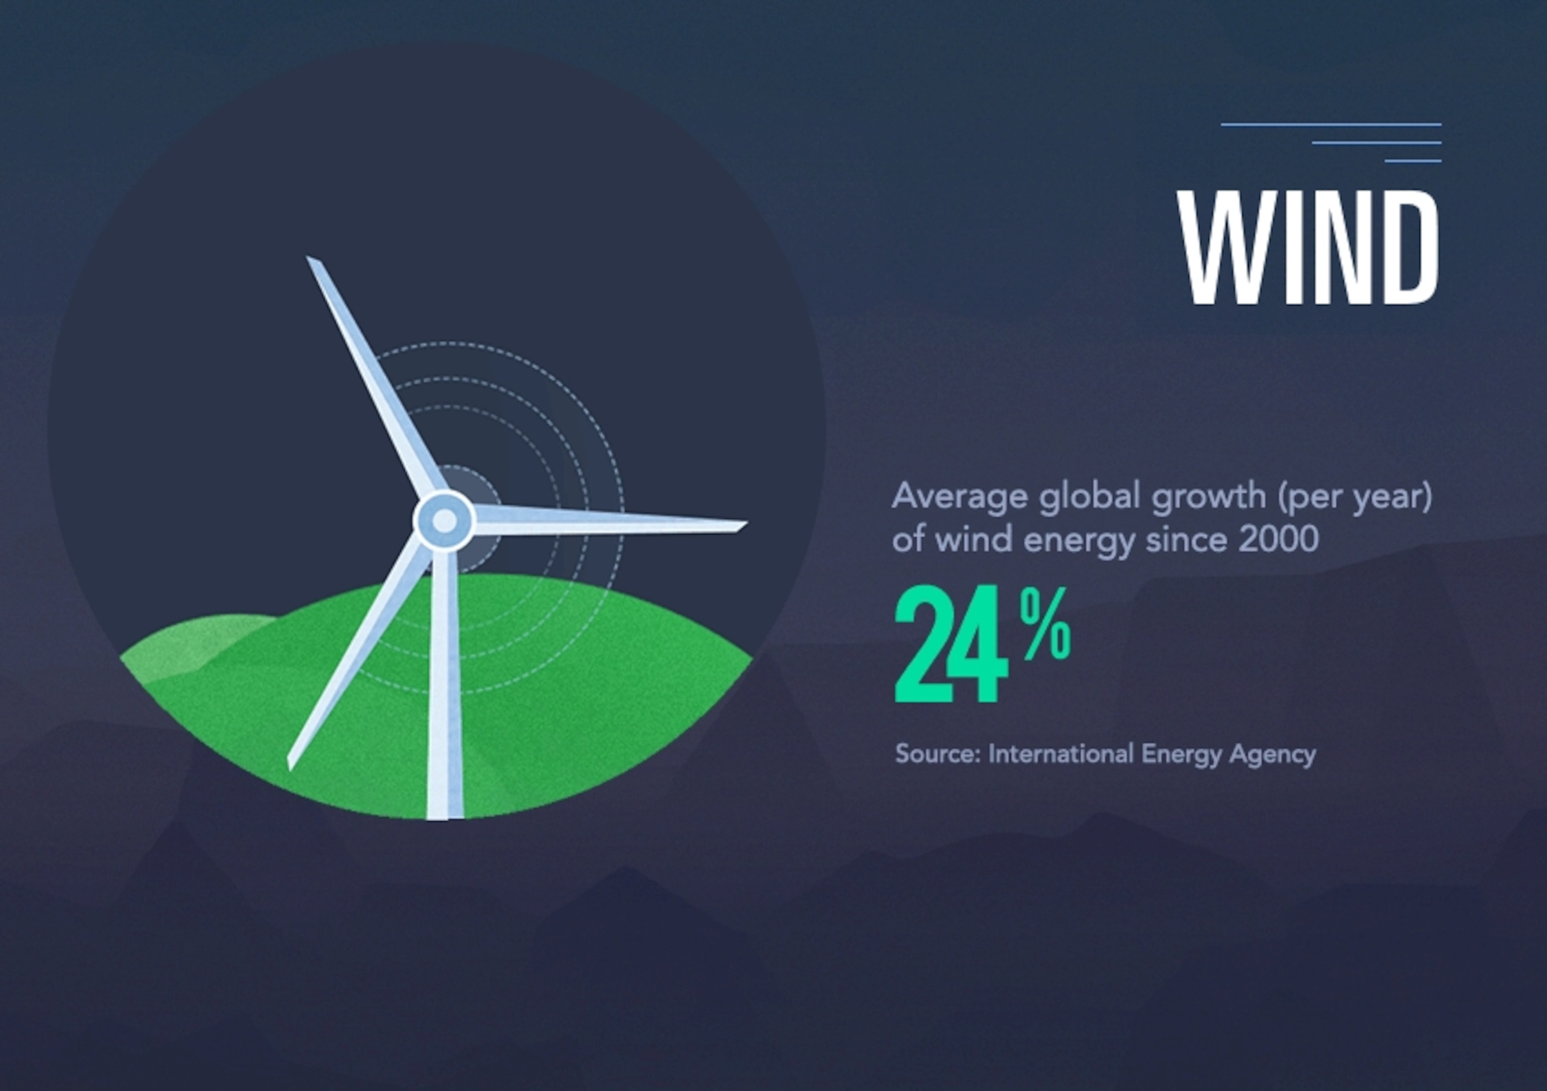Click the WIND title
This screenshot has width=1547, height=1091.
click(x=1308, y=247)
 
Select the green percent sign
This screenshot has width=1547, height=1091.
click(x=1045, y=623)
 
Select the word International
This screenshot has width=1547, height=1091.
click(x=1061, y=754)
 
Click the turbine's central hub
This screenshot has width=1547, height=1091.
click(x=444, y=520)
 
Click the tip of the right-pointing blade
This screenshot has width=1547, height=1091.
click(x=746, y=524)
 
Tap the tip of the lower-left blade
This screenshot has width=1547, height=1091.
click(x=289, y=768)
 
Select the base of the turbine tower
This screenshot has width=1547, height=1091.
click(x=445, y=816)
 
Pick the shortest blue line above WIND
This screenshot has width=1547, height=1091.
click(x=1413, y=161)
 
